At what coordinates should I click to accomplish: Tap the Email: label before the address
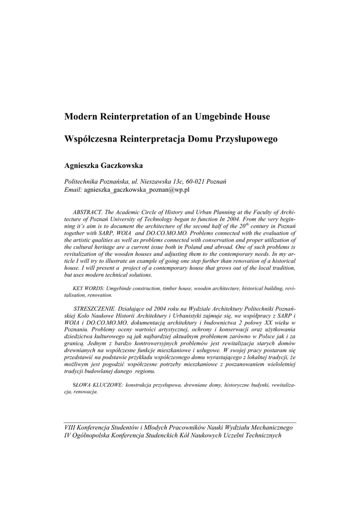[x=74, y=190]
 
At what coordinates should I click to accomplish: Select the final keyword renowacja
[x=82, y=392]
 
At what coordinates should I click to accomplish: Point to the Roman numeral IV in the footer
[x=69, y=435]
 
